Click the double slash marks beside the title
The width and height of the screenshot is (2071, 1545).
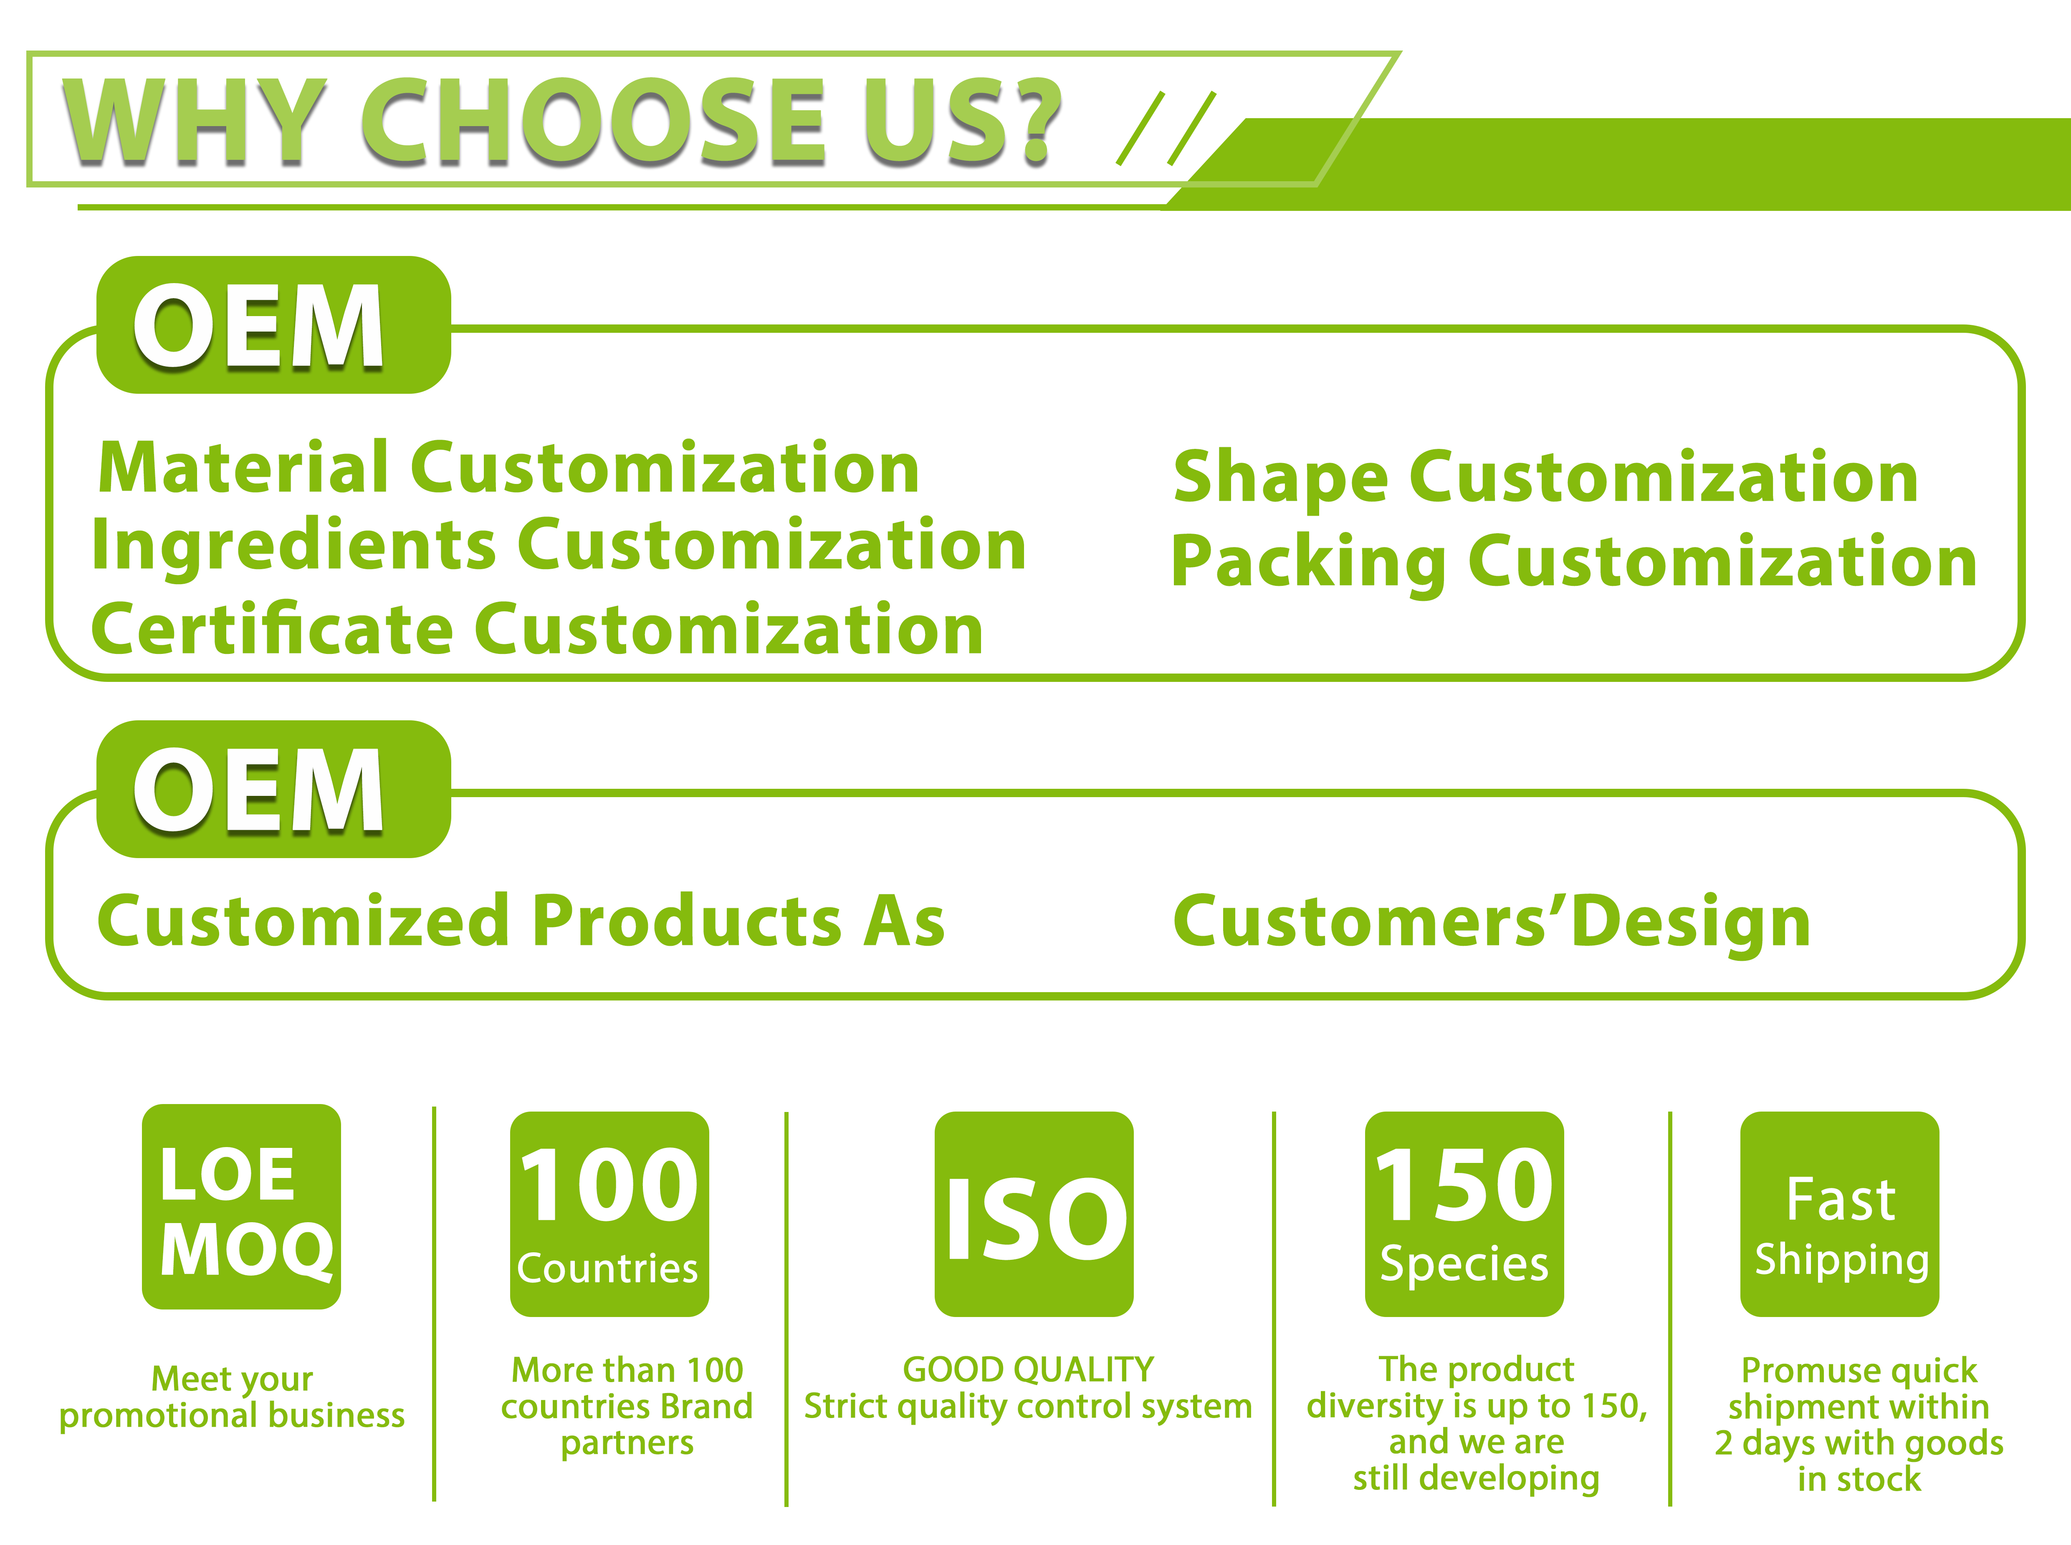(1166, 129)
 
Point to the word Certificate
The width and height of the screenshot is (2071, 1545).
(271, 629)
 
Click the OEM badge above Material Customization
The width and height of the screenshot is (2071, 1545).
(273, 325)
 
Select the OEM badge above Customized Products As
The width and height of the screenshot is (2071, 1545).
(273, 789)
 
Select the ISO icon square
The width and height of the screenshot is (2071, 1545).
(1034, 1214)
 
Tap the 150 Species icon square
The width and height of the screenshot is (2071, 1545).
(1464, 1214)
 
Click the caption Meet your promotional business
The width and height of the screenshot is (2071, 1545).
(232, 1397)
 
